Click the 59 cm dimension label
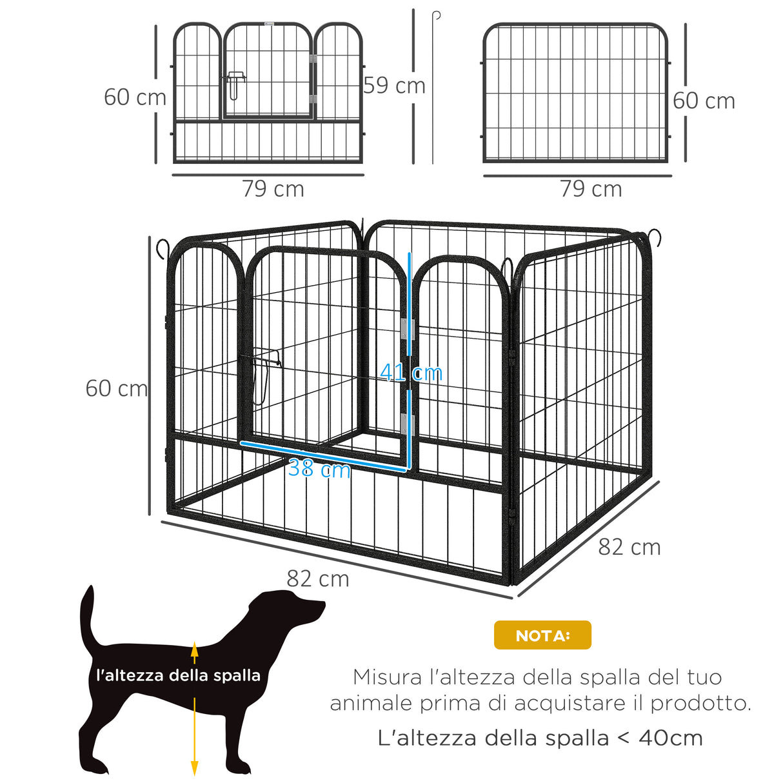(394, 85)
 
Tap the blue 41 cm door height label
(411, 372)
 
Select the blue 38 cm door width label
(319, 468)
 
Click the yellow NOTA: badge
(542, 635)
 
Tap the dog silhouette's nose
(322, 606)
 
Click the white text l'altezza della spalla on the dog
(178, 675)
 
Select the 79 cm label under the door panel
(273, 188)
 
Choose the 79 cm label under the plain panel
(591, 188)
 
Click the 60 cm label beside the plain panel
(704, 101)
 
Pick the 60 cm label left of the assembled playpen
(117, 388)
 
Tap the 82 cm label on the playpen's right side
(629, 547)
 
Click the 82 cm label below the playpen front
(318, 579)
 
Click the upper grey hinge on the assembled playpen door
(408, 329)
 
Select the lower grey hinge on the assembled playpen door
(408, 424)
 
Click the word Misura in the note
(387, 677)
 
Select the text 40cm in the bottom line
(671, 738)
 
